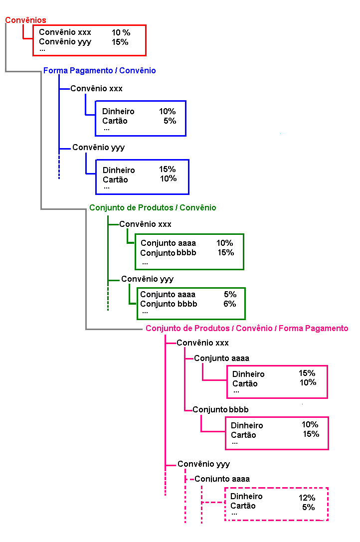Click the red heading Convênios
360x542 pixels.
click(x=25, y=20)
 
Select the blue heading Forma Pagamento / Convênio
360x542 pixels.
click(x=100, y=70)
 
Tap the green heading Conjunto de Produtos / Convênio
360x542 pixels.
click(x=153, y=207)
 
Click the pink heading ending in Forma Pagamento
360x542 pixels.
click(x=247, y=328)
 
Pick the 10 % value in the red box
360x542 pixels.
click(x=121, y=32)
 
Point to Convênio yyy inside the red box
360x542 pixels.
click(x=65, y=42)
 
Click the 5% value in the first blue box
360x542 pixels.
click(x=170, y=121)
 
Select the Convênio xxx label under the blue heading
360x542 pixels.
click(x=97, y=88)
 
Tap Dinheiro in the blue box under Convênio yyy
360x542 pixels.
click(x=119, y=170)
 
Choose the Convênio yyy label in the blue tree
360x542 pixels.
click(x=99, y=148)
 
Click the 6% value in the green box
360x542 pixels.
click(x=230, y=304)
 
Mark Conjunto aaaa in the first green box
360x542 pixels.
click(x=168, y=243)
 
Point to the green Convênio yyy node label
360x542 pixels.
click(x=147, y=279)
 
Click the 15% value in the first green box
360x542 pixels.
click(x=225, y=253)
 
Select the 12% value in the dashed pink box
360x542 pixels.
click(x=307, y=498)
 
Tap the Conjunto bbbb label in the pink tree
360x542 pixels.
click(x=220, y=409)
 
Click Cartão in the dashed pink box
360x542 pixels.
click(x=243, y=506)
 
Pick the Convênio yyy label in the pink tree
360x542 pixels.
click(x=204, y=464)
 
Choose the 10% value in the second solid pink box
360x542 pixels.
click(x=310, y=424)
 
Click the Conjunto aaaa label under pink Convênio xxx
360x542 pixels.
click(x=222, y=358)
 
